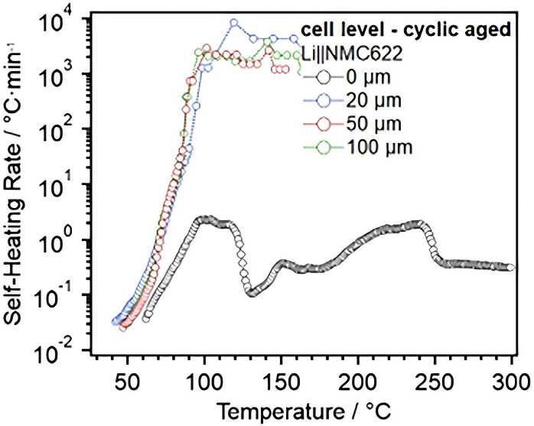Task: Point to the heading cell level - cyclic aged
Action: click(x=406, y=31)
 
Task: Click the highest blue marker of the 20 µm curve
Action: click(x=234, y=23)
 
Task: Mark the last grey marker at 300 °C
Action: click(x=510, y=268)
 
